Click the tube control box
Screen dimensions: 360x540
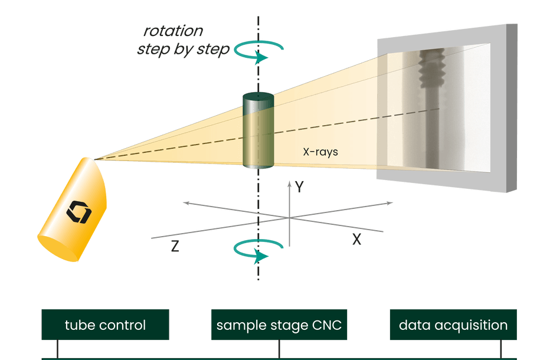point(105,325)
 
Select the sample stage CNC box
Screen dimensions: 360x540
point(279,325)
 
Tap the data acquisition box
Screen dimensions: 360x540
point(453,325)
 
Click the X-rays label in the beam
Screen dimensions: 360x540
point(320,152)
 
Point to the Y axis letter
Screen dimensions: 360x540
point(300,188)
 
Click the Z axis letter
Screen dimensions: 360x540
point(175,247)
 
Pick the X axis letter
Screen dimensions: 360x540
point(356,240)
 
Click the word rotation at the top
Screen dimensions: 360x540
point(173,31)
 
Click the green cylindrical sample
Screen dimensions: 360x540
point(258,133)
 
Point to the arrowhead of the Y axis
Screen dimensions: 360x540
point(289,184)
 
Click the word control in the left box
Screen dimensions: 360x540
point(123,325)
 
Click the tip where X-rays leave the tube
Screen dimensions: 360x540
point(95,158)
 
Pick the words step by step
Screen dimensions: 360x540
point(183,50)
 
